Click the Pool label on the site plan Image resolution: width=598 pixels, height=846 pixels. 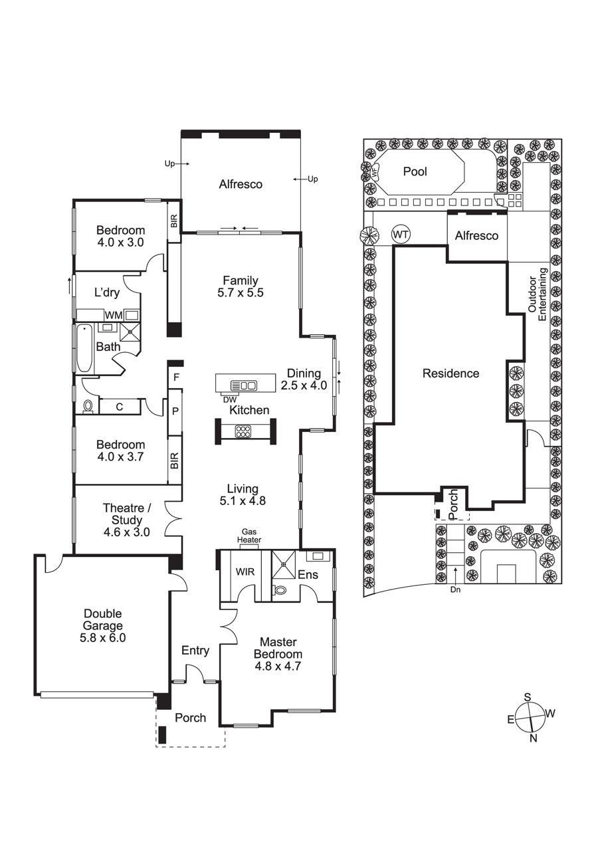(415, 171)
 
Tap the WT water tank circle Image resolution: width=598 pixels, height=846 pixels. (401, 235)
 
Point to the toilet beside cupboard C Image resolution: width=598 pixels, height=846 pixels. (88, 406)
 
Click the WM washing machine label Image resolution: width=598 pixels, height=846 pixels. (113, 315)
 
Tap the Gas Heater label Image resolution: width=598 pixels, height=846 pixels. (249, 536)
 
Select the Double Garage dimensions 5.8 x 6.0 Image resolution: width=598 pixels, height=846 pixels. (103, 638)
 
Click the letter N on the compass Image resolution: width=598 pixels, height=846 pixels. (533, 738)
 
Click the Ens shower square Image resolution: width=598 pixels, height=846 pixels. (284, 564)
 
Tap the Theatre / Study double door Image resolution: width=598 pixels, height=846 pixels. (173, 518)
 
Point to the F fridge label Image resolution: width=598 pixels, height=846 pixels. (176, 377)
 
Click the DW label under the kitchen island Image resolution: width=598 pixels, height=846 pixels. (227, 399)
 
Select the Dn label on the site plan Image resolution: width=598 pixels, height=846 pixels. (455, 589)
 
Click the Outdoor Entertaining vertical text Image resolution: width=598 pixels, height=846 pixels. (538, 294)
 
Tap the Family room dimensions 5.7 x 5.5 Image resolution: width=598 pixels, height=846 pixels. (241, 292)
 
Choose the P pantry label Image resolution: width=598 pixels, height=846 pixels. (175, 411)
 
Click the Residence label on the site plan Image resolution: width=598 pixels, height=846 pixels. (450, 373)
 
